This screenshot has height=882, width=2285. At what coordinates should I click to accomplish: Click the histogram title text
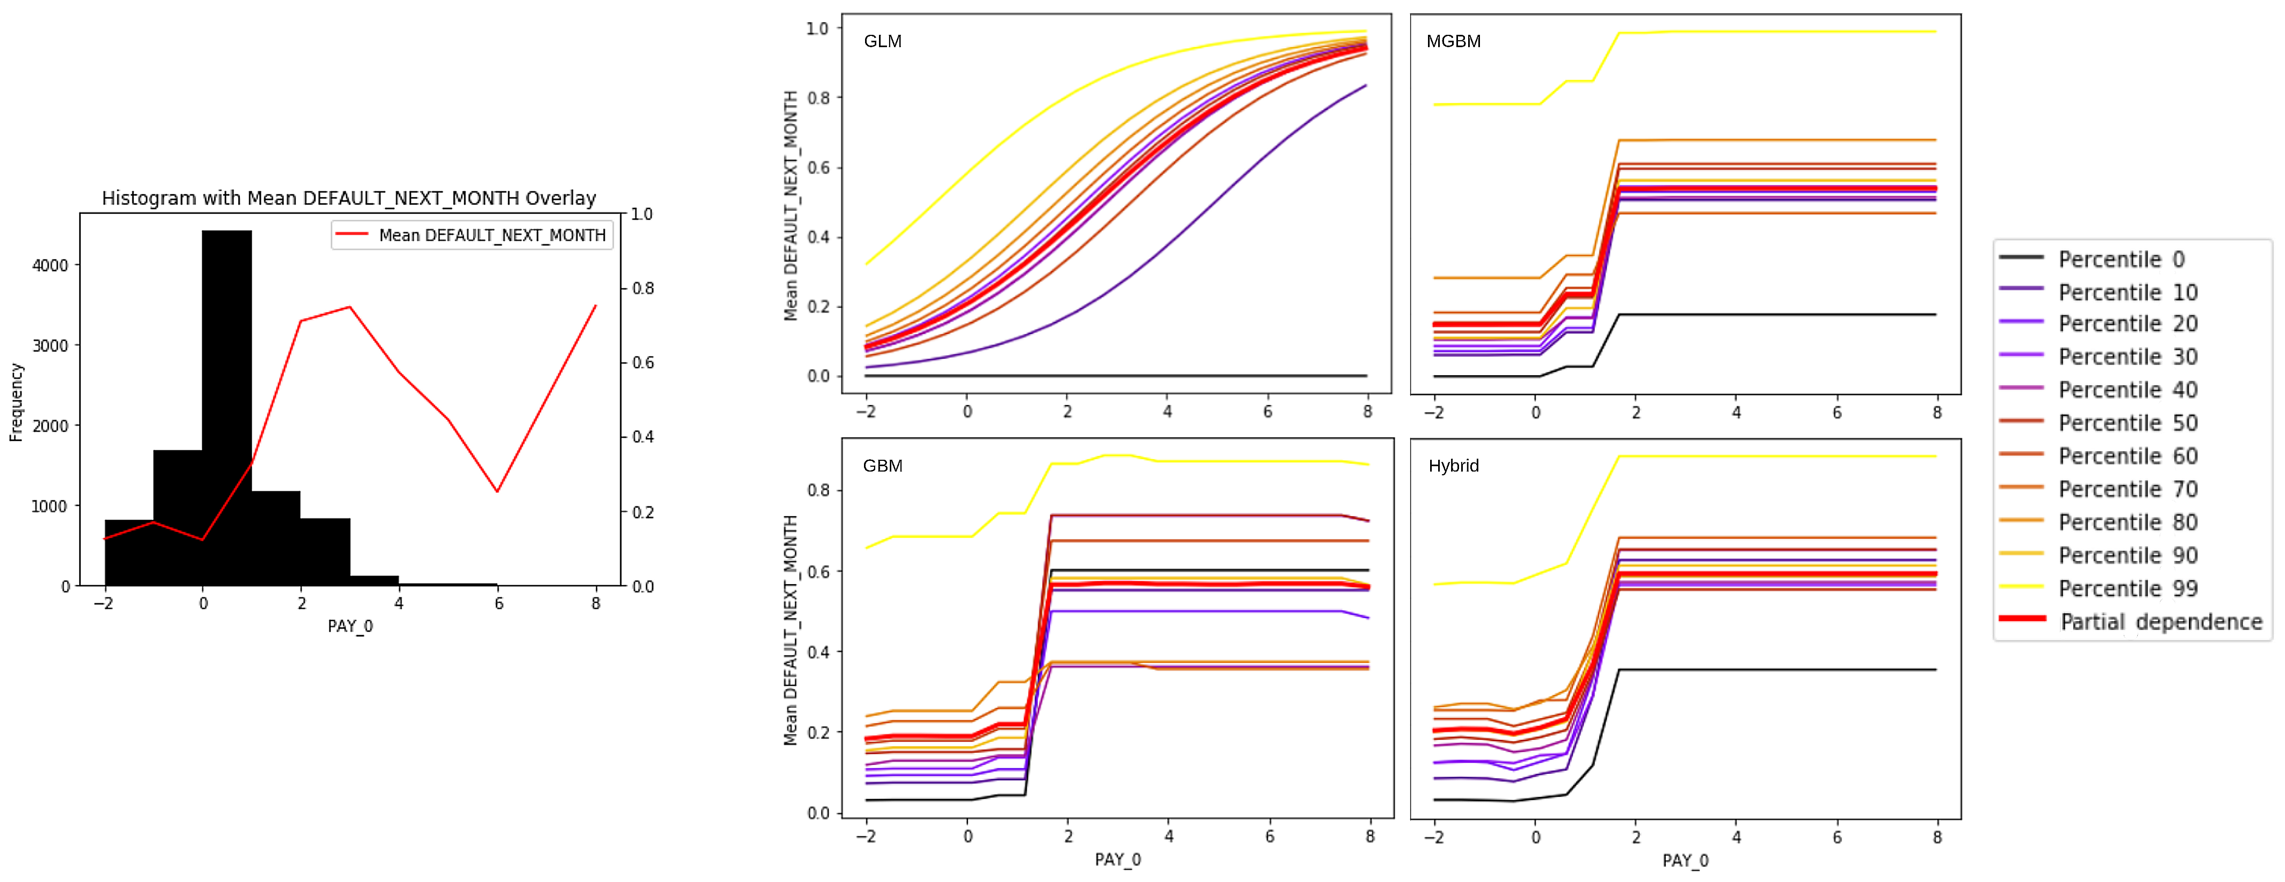coord(349,198)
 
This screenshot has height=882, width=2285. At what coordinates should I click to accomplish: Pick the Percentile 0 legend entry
coord(2120,259)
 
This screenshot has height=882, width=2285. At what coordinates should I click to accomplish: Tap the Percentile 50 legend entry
coord(2127,423)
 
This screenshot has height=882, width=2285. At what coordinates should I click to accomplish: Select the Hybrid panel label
coord(1453,466)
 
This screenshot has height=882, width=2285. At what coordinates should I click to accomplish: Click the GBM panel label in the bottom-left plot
coord(883,466)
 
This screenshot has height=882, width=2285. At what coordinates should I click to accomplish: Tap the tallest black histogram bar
coord(227,408)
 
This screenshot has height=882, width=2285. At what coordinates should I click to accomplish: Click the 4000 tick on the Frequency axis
coord(50,265)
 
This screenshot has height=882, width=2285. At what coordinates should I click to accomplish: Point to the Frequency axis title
coord(16,402)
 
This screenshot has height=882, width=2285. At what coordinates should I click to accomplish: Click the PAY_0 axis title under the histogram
coord(350,626)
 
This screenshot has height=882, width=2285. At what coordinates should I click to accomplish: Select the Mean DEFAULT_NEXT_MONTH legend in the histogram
coord(472,235)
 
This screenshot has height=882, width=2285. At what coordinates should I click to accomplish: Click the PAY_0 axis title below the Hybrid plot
coord(1686,861)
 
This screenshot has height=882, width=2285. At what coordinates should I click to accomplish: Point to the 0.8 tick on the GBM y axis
coord(818,491)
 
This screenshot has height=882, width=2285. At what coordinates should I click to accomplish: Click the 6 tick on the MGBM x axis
coord(1837,413)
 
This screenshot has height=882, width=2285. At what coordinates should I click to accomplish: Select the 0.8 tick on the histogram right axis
coord(643,288)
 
